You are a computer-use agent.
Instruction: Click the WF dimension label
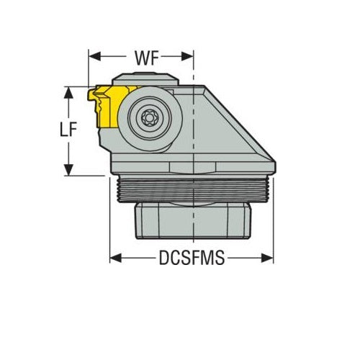pyautogui.click(x=140, y=55)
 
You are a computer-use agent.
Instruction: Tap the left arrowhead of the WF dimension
pyautogui.click(x=91, y=55)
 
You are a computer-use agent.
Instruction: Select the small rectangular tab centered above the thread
pyautogui.click(x=192, y=168)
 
